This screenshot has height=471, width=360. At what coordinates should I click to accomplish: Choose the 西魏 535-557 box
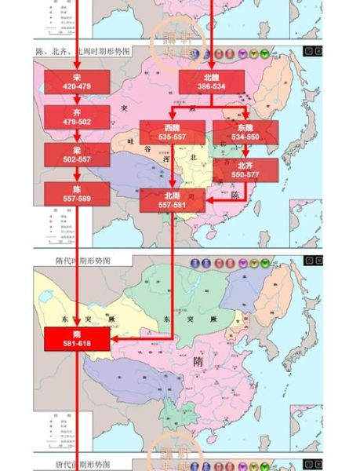[172, 132]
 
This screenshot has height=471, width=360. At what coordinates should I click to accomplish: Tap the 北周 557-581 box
[172, 200]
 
